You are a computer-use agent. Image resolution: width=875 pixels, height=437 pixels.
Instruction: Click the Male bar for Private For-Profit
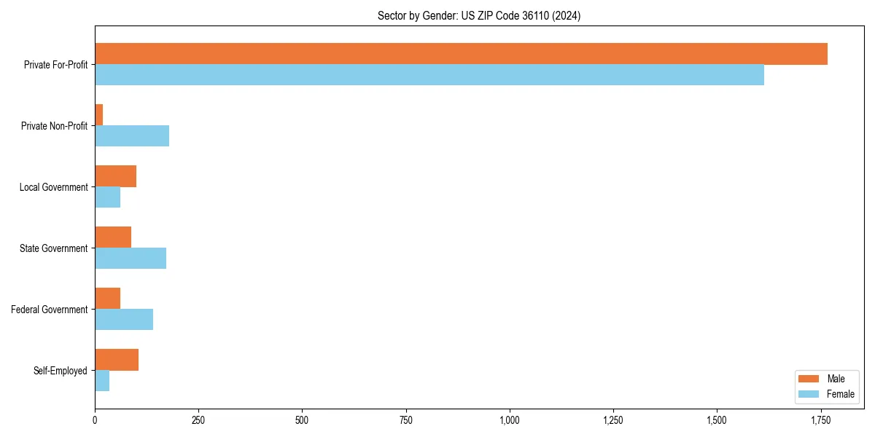(461, 54)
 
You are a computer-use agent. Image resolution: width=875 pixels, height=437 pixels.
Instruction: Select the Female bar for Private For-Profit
(429, 75)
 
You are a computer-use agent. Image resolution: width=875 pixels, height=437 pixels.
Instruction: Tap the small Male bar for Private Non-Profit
(99, 115)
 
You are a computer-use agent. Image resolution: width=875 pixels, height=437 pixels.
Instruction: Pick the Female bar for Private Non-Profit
(132, 136)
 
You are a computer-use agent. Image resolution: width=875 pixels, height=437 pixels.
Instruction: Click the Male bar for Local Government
(115, 176)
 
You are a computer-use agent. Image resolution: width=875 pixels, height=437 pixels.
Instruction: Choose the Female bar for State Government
(131, 259)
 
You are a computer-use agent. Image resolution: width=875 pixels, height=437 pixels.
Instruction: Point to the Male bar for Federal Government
(107, 299)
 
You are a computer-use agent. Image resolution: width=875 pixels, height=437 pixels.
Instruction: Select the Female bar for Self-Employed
(102, 381)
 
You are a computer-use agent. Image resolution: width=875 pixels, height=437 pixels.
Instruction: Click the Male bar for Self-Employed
(117, 360)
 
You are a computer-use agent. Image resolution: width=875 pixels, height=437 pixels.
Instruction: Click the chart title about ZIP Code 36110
(479, 15)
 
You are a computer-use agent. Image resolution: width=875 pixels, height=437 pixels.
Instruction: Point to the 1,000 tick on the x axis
(510, 420)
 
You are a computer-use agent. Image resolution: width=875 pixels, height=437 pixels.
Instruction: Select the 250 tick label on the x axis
(198, 420)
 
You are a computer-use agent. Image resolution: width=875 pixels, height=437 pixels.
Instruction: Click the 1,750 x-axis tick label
(821, 420)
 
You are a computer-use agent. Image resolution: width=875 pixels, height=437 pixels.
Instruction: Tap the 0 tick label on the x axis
(95, 420)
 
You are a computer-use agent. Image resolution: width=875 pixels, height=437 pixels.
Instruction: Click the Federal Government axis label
(50, 310)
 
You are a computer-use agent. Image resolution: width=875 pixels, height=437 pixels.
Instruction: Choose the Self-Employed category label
(61, 371)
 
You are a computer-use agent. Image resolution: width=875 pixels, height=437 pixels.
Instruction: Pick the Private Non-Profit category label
(54, 126)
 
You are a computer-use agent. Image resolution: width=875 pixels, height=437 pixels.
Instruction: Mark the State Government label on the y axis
(54, 248)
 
